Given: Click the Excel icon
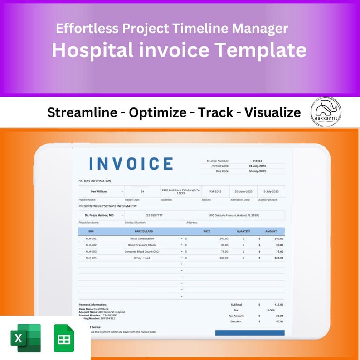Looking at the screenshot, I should click(26, 338).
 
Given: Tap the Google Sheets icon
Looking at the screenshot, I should click(64, 338).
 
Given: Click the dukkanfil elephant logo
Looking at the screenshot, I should click(326, 112).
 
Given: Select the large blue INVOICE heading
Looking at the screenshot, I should click(131, 164).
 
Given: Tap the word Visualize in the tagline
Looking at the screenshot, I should click(272, 112).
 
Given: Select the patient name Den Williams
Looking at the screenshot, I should click(100, 192).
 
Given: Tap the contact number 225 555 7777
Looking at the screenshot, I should click(154, 215).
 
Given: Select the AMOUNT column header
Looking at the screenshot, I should click(271, 231).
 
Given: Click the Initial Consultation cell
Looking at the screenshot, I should click(142, 238).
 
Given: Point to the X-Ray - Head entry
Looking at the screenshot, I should click(142, 258).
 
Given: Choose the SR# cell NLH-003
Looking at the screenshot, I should click(91, 251).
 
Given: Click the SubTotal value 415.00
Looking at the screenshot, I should click(278, 305).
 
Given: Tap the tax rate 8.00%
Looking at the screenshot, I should click(271, 310).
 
